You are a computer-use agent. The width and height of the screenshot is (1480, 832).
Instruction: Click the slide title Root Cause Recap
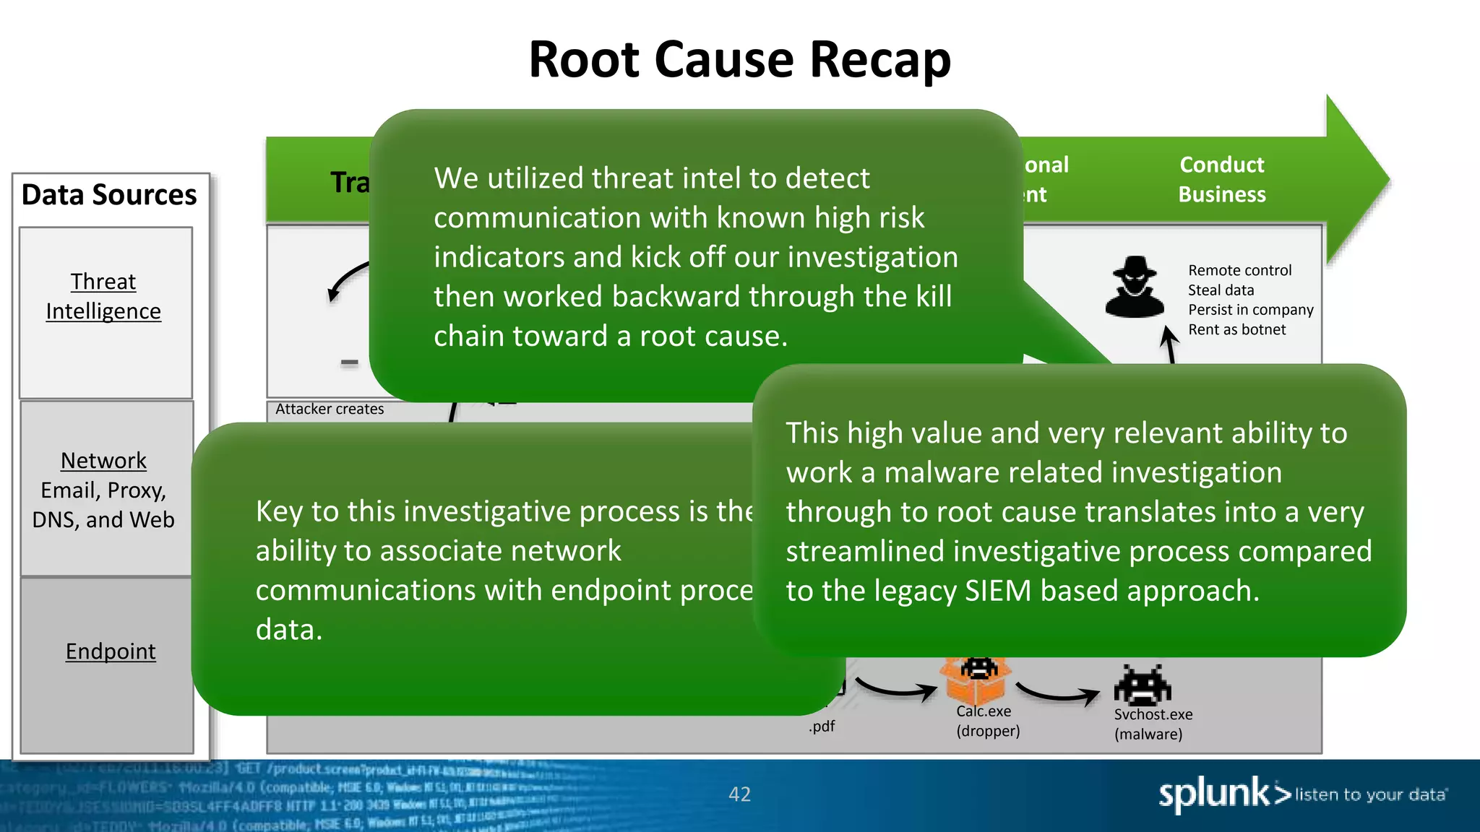[739, 59]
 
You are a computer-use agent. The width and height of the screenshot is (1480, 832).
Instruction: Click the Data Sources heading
[109, 195]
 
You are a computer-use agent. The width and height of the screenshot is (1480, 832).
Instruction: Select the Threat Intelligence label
[103, 296]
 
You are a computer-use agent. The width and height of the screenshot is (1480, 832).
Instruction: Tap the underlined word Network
[103, 461]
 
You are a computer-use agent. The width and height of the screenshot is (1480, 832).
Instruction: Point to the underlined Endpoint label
[111, 651]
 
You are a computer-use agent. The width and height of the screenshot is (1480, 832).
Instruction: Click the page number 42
[739, 794]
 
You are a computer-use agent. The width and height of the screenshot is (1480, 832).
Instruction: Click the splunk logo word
[1214, 794]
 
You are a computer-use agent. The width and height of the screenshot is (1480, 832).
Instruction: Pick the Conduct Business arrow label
[1222, 180]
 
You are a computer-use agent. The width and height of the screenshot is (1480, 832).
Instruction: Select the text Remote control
[1239, 271]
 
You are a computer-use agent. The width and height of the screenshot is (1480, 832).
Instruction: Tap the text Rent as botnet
[1236, 330]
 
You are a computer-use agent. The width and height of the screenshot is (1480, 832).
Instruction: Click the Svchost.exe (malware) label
[1153, 724]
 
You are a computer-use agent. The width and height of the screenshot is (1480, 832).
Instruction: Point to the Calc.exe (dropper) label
[988, 721]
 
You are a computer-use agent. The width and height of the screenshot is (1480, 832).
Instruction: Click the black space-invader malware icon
[1143, 685]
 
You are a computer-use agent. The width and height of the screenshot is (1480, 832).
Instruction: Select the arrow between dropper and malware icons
[1058, 694]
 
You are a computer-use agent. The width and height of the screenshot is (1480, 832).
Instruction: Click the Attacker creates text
[330, 409]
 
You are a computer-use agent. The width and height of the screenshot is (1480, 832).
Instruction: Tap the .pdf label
[822, 727]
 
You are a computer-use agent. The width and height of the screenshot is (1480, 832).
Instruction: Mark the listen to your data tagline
[1370, 795]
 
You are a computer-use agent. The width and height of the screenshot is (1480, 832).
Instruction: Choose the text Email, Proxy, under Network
[103, 490]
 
